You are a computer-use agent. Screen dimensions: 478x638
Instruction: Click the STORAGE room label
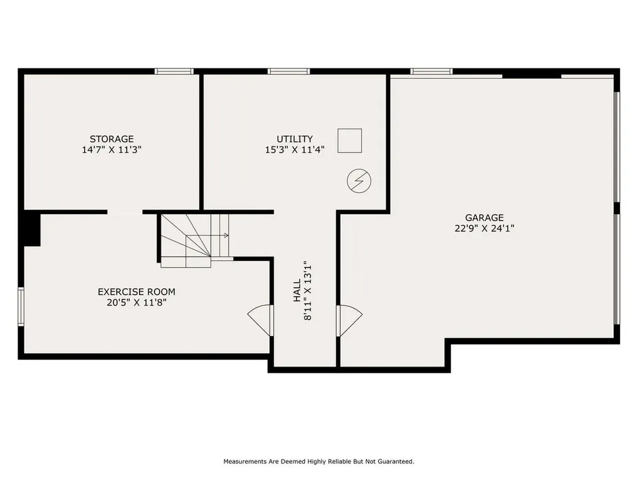[x=112, y=139]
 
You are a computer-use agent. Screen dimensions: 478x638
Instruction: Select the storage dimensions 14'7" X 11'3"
[x=112, y=149]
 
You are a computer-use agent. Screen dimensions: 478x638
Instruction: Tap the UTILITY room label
[x=295, y=139]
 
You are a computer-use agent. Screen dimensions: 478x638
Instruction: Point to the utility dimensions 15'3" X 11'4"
[x=295, y=149]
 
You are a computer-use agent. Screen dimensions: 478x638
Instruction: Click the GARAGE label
[x=484, y=217]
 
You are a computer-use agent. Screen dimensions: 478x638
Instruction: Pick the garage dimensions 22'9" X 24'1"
[x=484, y=228]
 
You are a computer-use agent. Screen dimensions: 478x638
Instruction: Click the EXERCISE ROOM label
[x=136, y=291]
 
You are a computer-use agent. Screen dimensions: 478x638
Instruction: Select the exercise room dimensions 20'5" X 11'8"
[x=136, y=302]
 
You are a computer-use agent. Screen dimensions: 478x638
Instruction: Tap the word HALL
[x=297, y=291]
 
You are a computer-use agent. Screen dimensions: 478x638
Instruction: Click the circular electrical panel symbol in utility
[x=359, y=181]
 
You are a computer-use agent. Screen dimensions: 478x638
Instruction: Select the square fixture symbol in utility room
[x=350, y=141]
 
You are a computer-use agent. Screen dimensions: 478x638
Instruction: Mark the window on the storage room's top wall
[x=174, y=71]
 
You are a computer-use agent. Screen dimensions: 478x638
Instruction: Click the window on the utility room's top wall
[x=288, y=71]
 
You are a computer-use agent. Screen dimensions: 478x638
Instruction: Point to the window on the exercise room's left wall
[x=21, y=306]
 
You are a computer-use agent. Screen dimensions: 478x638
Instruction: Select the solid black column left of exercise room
[x=31, y=229]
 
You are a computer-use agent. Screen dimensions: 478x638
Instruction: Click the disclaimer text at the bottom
[x=319, y=462]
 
